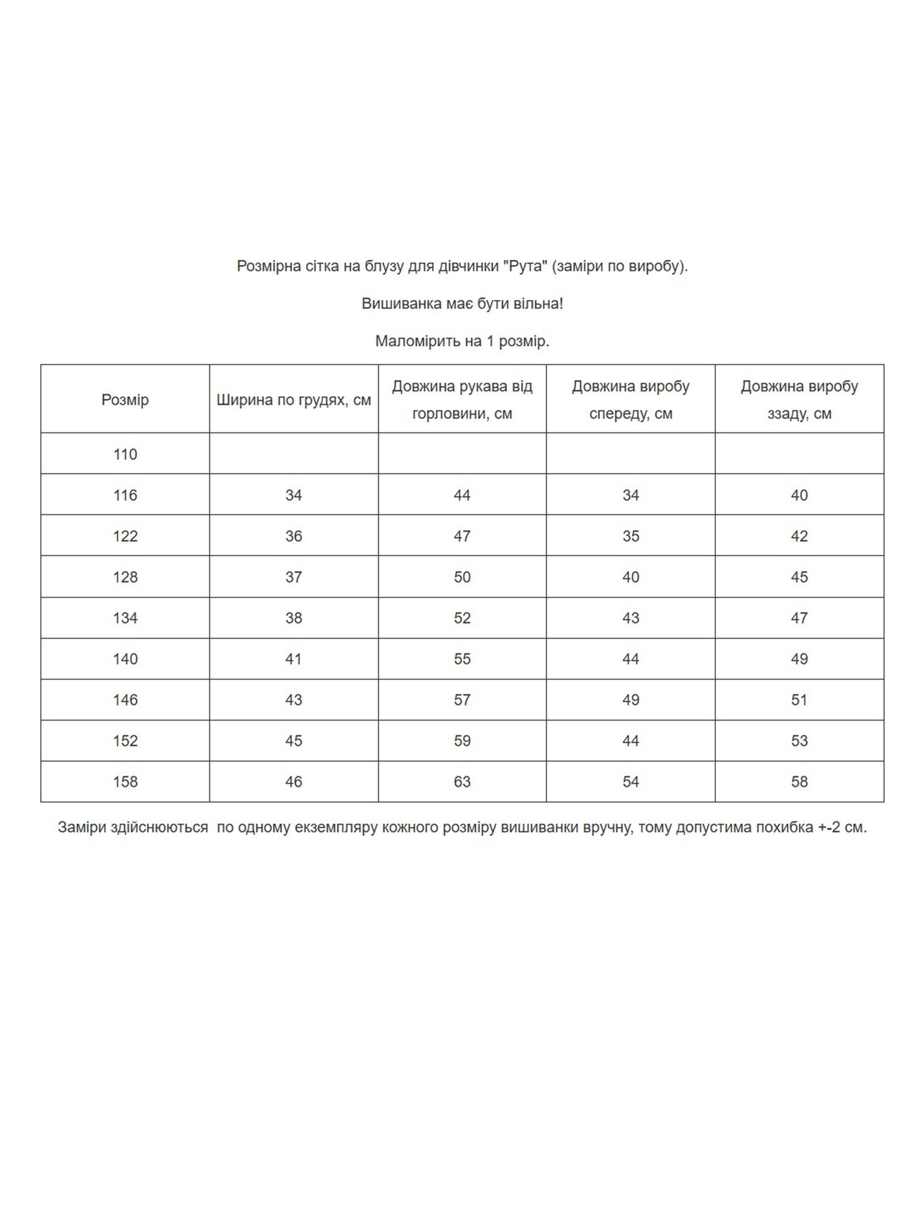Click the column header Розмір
pos(125,400)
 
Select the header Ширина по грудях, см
pos(293,400)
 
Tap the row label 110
pos(125,454)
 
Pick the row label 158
pos(125,782)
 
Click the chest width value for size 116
pos(293,495)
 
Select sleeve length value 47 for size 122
pos(462,536)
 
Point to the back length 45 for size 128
pos(799,577)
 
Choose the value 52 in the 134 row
pos(462,618)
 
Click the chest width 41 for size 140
pos(293,659)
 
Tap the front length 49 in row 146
pos(630,700)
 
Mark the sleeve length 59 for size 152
pos(462,741)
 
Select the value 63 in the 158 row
pos(462,782)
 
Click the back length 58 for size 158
pos(799,782)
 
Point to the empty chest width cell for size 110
pos(293,454)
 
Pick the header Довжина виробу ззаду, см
pos(799,400)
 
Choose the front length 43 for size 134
pos(630,618)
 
